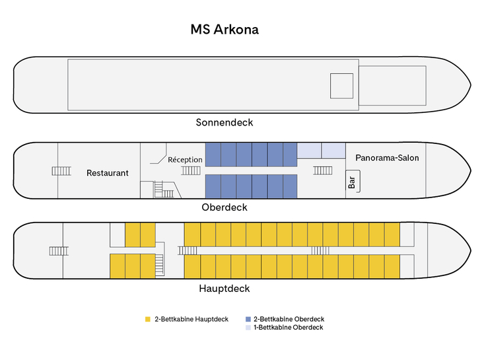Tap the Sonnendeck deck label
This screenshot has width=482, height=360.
pyautogui.click(x=224, y=122)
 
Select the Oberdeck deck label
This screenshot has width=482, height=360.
pyautogui.click(x=224, y=207)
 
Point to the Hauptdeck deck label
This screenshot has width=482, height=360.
pyautogui.click(x=224, y=289)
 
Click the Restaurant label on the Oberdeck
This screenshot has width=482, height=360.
pyautogui.click(x=108, y=173)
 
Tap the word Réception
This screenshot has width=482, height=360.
pyautogui.click(x=185, y=160)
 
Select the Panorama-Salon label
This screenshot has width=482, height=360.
pyautogui.click(x=387, y=158)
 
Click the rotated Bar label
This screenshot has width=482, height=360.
pyautogui.click(x=351, y=182)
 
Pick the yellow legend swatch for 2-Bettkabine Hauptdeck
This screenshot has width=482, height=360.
pyautogui.click(x=148, y=320)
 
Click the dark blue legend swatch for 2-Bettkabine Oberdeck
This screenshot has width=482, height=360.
pyautogui.click(x=248, y=320)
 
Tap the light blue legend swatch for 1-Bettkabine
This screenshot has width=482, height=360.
pyautogui.click(x=248, y=328)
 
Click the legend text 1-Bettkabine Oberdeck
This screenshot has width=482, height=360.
pyautogui.click(x=288, y=328)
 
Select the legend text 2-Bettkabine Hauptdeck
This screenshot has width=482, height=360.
pyautogui.click(x=191, y=320)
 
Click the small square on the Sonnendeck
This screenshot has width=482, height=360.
pyautogui.click(x=342, y=86)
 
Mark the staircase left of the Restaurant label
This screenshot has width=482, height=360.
pyautogui.click(x=61, y=171)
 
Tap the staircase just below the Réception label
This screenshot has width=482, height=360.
pyautogui.click(x=191, y=170)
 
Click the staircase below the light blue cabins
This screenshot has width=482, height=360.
pyautogui.click(x=323, y=170)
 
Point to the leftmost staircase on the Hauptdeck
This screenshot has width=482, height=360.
pyautogui.click(x=59, y=250)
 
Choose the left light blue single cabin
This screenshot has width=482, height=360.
pyautogui.click(x=310, y=151)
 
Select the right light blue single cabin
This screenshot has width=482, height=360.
pyautogui.click(x=333, y=151)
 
